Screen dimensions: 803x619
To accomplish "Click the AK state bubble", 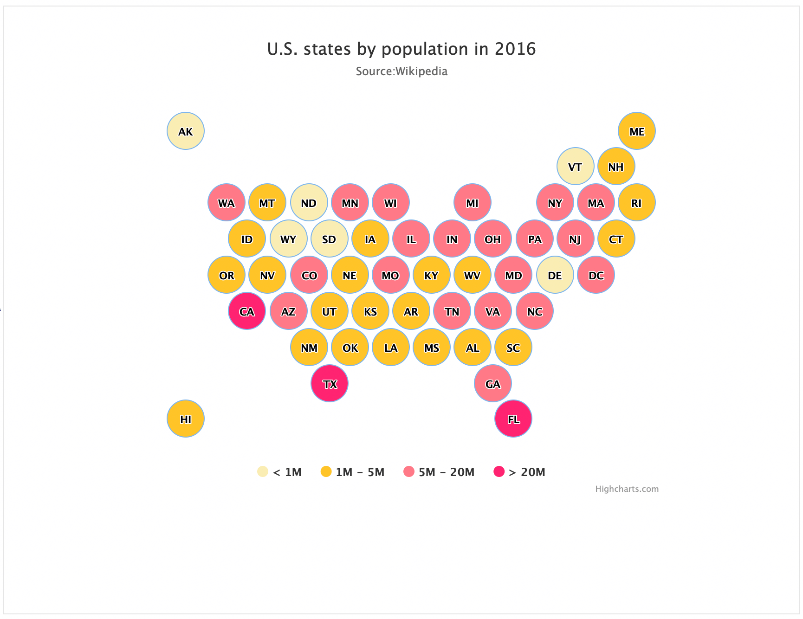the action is (x=186, y=131).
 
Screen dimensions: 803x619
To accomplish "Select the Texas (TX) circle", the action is (x=330, y=383).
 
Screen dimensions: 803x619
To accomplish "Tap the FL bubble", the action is (x=513, y=419).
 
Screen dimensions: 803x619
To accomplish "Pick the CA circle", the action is (x=247, y=311).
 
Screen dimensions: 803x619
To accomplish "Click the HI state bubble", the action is (x=186, y=419).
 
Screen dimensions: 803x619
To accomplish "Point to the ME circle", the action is (x=637, y=131).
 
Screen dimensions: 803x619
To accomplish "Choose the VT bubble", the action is (x=576, y=166).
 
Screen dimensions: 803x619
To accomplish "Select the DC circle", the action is (x=596, y=275).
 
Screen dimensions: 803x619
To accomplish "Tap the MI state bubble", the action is (x=473, y=202).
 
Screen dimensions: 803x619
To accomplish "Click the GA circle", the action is (x=493, y=383).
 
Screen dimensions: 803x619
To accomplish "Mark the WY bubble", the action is (x=289, y=239).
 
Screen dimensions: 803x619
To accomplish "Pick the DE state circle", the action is (x=555, y=275).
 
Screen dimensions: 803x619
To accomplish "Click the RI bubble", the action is (x=637, y=202).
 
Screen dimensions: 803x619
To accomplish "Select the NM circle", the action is (x=309, y=347).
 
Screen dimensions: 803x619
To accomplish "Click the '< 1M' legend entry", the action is (x=279, y=472).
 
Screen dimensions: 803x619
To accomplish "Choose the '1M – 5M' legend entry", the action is (x=353, y=472).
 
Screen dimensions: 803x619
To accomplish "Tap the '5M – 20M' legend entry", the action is (x=439, y=472).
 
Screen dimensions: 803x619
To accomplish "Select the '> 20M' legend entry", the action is (x=519, y=472).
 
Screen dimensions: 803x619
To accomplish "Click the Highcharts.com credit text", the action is (x=627, y=489).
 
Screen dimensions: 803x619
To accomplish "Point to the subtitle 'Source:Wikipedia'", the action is (x=401, y=71).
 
